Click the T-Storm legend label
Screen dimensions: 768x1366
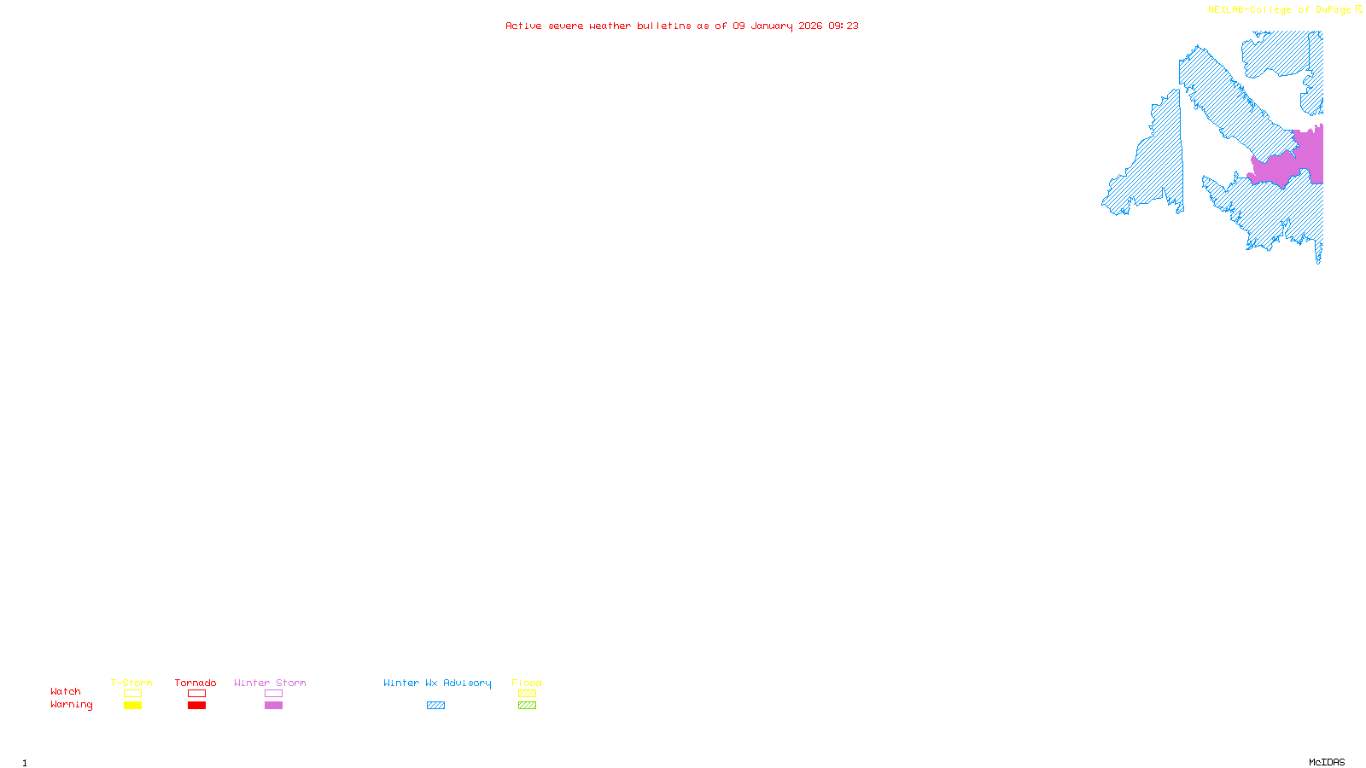pos(131,683)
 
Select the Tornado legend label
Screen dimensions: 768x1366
pos(196,683)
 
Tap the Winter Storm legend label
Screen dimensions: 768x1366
pos(270,683)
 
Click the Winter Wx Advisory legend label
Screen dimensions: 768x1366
pos(437,683)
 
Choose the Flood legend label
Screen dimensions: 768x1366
pos(527,683)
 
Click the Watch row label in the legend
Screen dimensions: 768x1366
pos(66,691)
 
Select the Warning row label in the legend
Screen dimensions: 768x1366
pos(72,705)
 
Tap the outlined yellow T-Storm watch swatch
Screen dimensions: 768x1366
pos(132,694)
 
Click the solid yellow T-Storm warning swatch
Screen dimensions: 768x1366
pos(132,706)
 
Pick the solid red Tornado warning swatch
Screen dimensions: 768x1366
pos(196,706)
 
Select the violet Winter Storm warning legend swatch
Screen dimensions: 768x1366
pos(273,706)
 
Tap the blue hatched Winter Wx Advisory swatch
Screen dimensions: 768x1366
pos(435,706)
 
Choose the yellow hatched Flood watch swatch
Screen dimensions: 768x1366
pos(527,694)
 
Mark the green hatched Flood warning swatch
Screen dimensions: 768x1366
pos(527,706)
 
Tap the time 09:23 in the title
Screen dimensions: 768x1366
pos(844,26)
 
